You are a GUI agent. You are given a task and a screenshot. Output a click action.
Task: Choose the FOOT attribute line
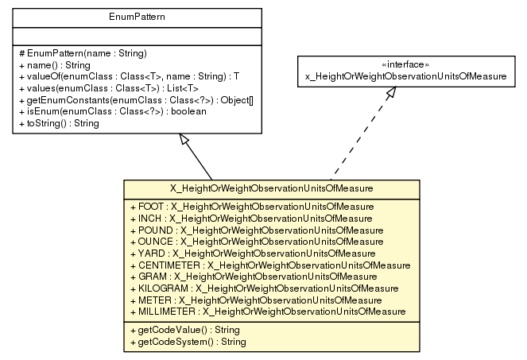(250, 206)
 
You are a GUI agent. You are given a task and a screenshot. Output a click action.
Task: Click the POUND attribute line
(256, 229)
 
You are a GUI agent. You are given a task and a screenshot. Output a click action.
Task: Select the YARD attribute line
(251, 252)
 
